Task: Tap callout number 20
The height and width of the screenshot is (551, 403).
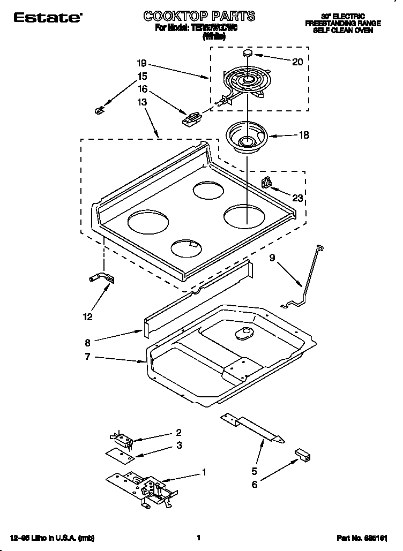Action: (x=297, y=62)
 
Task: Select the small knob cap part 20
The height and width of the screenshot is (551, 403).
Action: (x=248, y=53)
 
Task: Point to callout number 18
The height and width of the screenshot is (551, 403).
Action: (x=303, y=135)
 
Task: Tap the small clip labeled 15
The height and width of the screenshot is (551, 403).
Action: (x=98, y=110)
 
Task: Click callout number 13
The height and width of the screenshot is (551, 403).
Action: (x=142, y=102)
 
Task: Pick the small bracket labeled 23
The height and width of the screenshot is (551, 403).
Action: (x=266, y=183)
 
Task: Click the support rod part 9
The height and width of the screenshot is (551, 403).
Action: (x=306, y=278)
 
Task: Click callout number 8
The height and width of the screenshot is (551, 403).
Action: (x=88, y=341)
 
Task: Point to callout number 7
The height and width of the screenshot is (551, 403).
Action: (x=88, y=357)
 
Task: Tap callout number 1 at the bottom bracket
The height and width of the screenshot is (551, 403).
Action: (x=204, y=472)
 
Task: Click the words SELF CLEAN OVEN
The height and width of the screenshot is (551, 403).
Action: (x=342, y=31)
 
